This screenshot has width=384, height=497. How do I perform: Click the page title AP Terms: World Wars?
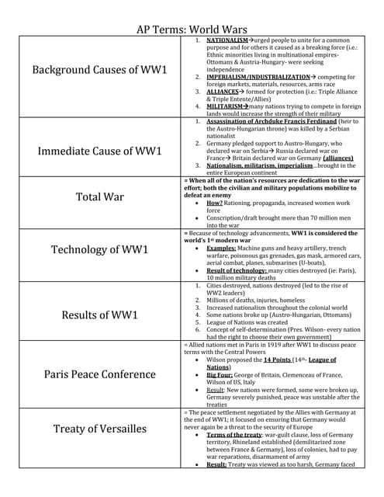(x=192, y=23)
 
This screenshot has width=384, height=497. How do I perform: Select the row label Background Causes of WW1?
(x=99, y=71)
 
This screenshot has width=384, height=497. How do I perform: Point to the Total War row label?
(x=99, y=196)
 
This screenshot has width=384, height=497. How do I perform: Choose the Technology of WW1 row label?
(x=99, y=249)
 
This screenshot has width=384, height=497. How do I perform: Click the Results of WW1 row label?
(x=99, y=315)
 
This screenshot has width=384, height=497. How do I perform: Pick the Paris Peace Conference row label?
(x=99, y=374)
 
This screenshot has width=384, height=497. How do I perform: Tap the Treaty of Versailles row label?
(x=99, y=428)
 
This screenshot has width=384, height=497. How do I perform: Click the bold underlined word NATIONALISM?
(x=227, y=40)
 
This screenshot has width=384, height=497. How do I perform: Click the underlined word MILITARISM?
(x=227, y=106)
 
